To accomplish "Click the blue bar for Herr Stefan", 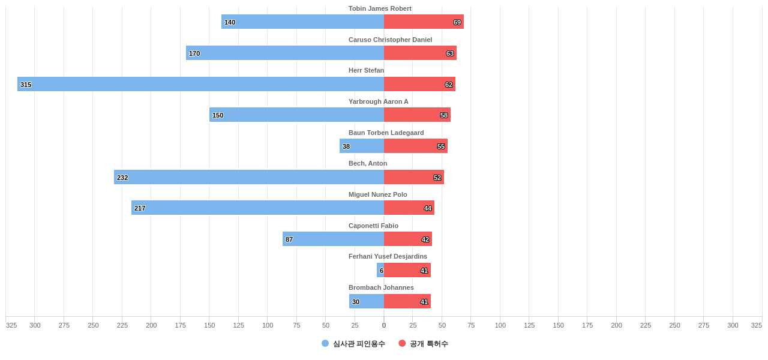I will pos(200,84).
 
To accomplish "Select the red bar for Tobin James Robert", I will pos(424,22).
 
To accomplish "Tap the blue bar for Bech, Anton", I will pos(249,177).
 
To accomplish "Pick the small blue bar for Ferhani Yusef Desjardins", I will pos(380,270).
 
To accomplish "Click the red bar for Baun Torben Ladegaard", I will pos(416,146).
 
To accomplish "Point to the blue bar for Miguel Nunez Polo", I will pos(257,208).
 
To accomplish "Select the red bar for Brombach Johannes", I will pos(407,301).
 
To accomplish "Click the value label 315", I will pos(26,85).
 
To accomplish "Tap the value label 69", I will pos(457,22).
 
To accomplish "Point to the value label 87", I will pos(289,239).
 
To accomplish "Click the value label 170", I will pos(194,53).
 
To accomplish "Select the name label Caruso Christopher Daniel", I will pos(390,40).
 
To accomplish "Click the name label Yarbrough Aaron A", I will pos(378,101).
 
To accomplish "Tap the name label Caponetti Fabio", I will pos(373,226).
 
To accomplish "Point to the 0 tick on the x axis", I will pos(384,325).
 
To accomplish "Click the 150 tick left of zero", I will pos(209,325).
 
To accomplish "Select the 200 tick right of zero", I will pos(616,325).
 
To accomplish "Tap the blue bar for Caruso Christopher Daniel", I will pos(285,53).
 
